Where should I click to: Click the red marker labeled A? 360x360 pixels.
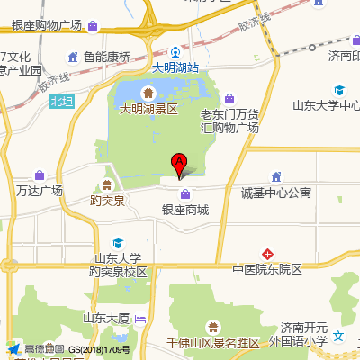pos(179,164)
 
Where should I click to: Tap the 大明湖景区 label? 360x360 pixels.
pos(150,108)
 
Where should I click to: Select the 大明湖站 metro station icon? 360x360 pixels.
pos(175,52)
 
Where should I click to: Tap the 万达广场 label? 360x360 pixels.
pos(40,191)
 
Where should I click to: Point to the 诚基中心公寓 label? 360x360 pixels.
pos(275,193)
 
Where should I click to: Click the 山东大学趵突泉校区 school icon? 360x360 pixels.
pos(118,243)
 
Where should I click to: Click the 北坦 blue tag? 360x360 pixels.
pos(60,102)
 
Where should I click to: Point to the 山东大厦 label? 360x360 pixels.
pos(106,318)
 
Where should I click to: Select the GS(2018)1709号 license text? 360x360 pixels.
pos(99,349)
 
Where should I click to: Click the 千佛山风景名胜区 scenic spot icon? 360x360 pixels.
pos(212,326)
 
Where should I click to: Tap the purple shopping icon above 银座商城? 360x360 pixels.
pos(184,193)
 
